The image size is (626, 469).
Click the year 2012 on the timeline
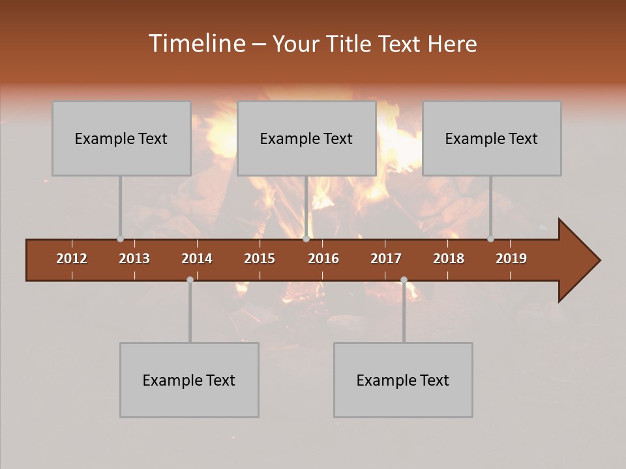[x=72, y=259]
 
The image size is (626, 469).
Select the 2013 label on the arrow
[x=134, y=259]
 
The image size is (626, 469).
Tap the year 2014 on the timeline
[x=197, y=259]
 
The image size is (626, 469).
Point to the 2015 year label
[x=260, y=259]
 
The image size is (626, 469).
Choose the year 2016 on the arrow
[x=323, y=259]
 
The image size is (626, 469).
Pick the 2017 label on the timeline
[x=386, y=259]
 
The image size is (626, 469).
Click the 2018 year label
[x=449, y=259]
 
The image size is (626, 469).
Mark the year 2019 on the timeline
[x=511, y=259]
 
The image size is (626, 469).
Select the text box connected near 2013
[x=121, y=138]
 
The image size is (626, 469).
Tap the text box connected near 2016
[x=306, y=138]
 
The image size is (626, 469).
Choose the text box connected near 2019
[x=492, y=138]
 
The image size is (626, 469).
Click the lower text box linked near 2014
[x=189, y=380]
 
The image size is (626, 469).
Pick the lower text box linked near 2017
[x=403, y=380]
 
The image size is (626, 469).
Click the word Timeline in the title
[x=196, y=44]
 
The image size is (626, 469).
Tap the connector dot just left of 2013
[x=120, y=239]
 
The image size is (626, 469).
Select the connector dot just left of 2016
[x=306, y=239]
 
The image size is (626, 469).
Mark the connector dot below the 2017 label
[x=404, y=280]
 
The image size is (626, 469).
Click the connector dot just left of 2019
[x=490, y=239]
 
